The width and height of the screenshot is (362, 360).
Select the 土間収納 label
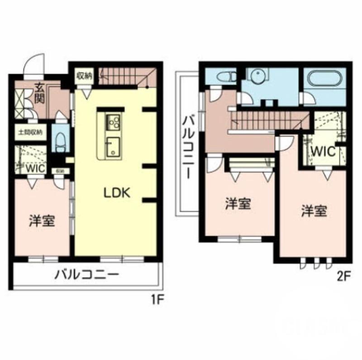coord(30,133)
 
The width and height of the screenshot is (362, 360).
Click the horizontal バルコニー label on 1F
coord(87,275)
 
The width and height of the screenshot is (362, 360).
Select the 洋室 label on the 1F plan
coord(42,221)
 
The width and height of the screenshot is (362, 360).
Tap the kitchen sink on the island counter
coord(112,148)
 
